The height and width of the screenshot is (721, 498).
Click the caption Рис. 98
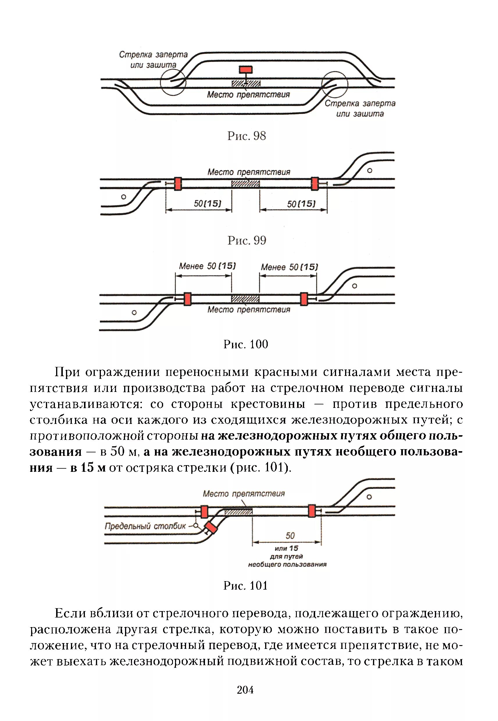point(247,136)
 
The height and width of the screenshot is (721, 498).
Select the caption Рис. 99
point(247,240)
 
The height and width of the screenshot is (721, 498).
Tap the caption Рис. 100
point(246,344)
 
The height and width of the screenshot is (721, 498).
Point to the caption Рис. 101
point(246,586)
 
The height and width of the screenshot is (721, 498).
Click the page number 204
point(245,690)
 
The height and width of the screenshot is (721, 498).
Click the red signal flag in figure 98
point(246,69)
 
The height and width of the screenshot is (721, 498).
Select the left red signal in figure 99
point(178,184)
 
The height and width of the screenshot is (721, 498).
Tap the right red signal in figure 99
point(315,184)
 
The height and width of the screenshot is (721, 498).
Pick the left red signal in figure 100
point(187,299)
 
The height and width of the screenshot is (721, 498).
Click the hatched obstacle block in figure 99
point(246,183)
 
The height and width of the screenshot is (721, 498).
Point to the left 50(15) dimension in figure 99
point(208,204)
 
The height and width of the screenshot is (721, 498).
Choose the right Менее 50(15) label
point(289,267)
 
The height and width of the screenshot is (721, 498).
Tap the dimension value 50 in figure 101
point(290,536)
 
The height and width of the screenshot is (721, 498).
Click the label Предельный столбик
point(145,526)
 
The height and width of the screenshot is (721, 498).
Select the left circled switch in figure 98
point(173,82)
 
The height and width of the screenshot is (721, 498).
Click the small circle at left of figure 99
point(124,197)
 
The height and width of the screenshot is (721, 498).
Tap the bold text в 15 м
point(88,468)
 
